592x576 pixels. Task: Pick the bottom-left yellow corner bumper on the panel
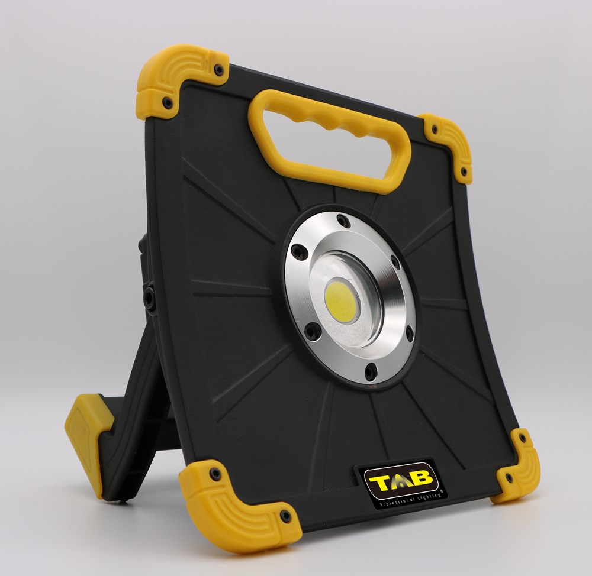coord(234,506)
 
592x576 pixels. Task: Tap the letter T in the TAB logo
coord(380,482)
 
